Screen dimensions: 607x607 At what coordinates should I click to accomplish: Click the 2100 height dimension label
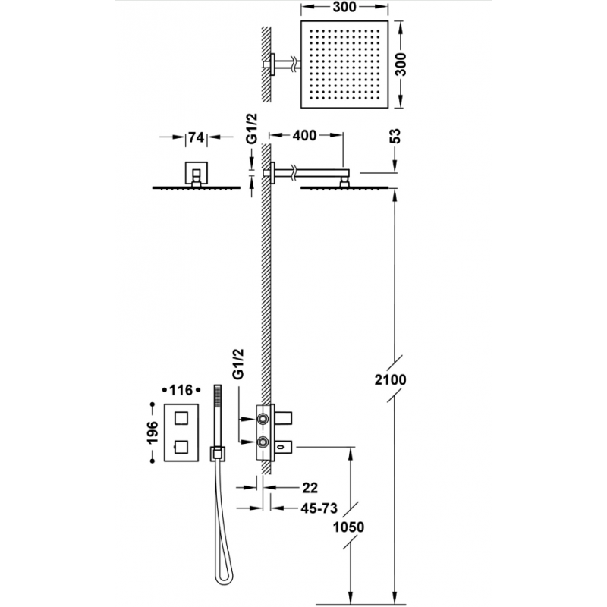tap(390, 380)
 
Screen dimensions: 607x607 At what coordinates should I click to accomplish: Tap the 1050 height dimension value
tap(348, 527)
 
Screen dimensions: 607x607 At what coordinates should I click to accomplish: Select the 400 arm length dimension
tap(304, 136)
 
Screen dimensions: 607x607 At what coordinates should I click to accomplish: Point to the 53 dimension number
tap(396, 136)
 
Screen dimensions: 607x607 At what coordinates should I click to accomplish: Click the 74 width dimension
tap(197, 137)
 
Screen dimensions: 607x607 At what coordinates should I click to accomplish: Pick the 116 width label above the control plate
tap(181, 390)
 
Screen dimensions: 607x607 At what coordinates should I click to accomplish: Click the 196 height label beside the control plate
tap(153, 432)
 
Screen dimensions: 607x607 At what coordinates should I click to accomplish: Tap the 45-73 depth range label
tap(319, 508)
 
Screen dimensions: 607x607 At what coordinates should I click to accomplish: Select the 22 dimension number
tap(310, 488)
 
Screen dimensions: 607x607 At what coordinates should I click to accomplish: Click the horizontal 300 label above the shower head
tap(344, 7)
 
